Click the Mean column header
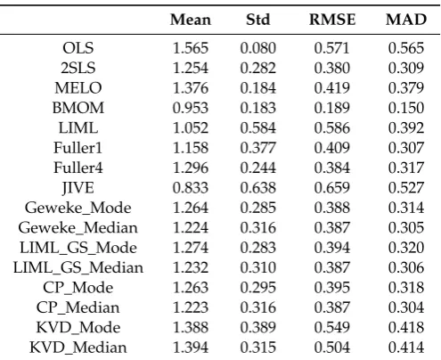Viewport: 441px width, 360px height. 191,20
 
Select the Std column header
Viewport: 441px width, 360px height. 258,20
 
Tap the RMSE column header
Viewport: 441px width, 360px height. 332,20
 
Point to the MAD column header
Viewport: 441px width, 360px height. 406,20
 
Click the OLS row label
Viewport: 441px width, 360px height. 78,48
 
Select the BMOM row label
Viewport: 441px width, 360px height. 78,108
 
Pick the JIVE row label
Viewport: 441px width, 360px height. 78,188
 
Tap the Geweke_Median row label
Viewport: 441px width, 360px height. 78,228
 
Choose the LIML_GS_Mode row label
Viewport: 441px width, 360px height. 78,248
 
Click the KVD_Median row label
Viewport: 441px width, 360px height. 78,348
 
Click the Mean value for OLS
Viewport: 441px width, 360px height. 191,48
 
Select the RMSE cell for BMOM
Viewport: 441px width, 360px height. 332,108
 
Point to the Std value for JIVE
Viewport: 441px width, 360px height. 258,188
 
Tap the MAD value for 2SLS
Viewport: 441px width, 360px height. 406,68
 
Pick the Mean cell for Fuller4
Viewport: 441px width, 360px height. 191,168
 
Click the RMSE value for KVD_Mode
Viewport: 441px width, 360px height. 332,328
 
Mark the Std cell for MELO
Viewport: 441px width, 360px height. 258,88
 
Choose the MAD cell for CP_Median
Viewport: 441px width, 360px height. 406,307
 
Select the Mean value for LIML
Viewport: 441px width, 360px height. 191,128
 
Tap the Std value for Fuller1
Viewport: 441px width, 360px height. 258,148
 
